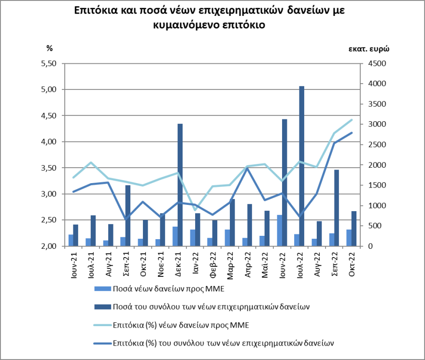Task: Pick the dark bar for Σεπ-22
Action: (x=336, y=208)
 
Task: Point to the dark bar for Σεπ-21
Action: (x=128, y=216)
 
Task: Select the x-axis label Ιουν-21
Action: (x=73, y=263)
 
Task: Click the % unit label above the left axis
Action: (x=49, y=48)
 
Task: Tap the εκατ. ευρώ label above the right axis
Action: (x=369, y=48)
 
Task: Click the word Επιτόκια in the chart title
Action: (x=94, y=11)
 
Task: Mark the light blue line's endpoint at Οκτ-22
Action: (x=352, y=119)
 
